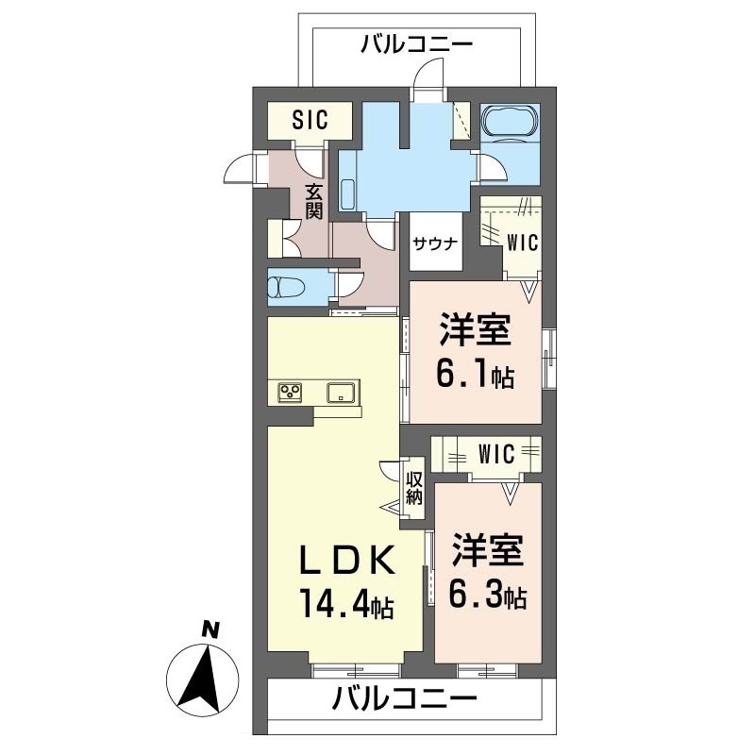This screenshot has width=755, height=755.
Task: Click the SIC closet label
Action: [309, 120]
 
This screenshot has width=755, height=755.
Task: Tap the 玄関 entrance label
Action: [313, 200]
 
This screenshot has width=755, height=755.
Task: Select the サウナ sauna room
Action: [434, 243]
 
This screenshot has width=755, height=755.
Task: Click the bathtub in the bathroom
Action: [510, 124]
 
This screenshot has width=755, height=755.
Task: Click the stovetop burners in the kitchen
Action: [290, 392]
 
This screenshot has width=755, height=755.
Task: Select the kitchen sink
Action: [340, 392]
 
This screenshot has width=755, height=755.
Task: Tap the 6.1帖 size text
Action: [476, 376]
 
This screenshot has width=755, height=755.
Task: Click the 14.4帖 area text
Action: [346, 601]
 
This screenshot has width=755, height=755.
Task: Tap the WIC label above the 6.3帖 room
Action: [495, 454]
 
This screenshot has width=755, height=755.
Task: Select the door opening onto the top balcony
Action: [431, 74]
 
